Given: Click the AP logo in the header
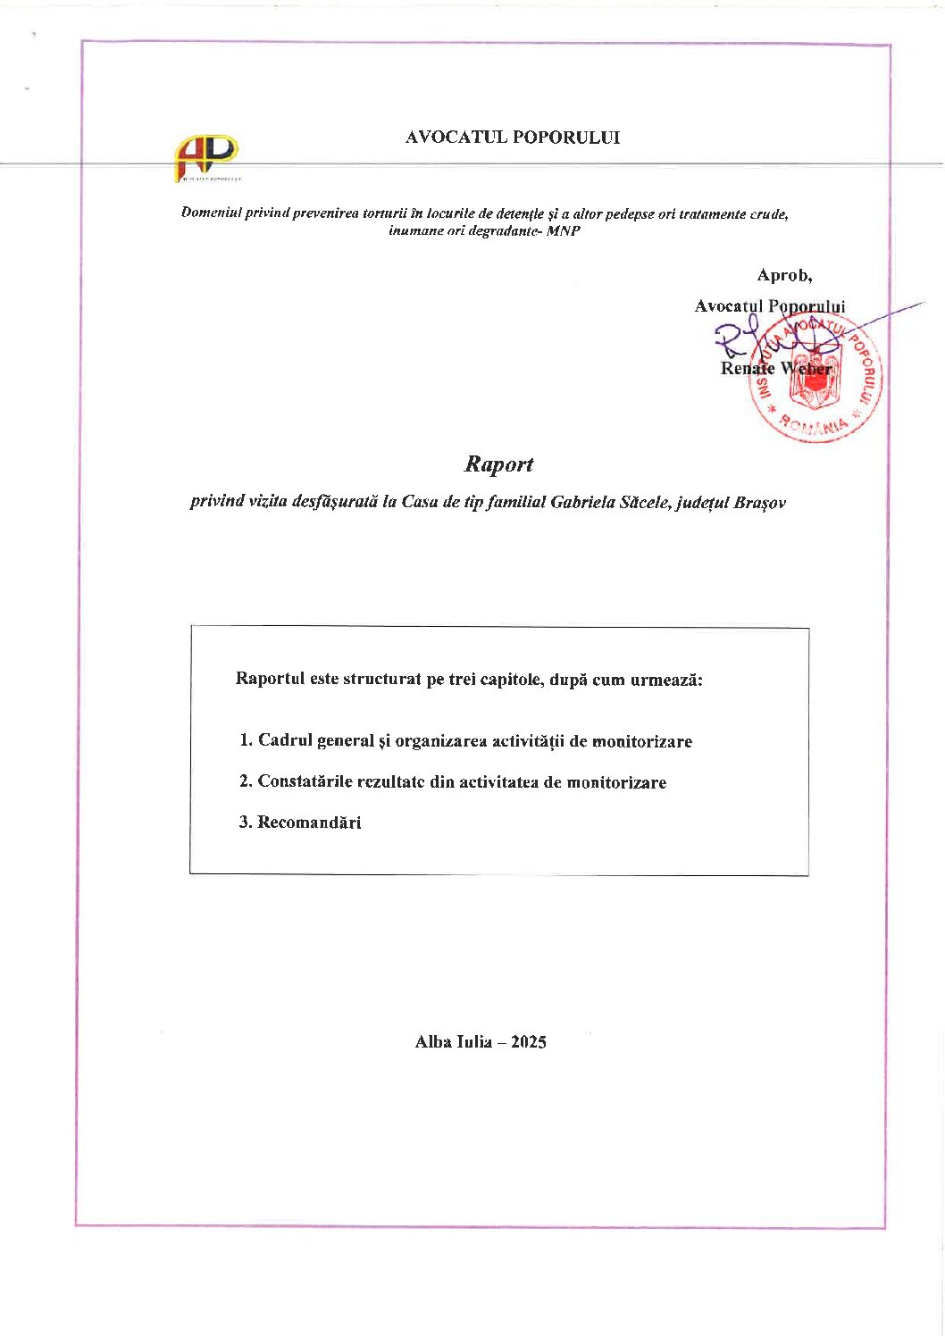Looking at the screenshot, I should point(206,158).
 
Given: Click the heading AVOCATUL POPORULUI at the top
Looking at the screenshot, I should point(513,138).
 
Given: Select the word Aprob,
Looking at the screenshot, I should point(784,275).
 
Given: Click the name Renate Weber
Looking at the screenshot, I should point(775,368).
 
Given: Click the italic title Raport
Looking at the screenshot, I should point(498,464).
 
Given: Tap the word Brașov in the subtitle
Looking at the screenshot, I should point(759,502).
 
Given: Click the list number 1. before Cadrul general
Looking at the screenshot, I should point(246,740).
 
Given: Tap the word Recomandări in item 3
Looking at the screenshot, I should point(309,822).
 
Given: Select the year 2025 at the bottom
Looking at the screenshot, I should point(528,1042).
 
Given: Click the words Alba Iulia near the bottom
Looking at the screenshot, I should point(454,1042).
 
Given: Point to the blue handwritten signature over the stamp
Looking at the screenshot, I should point(768,344).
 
